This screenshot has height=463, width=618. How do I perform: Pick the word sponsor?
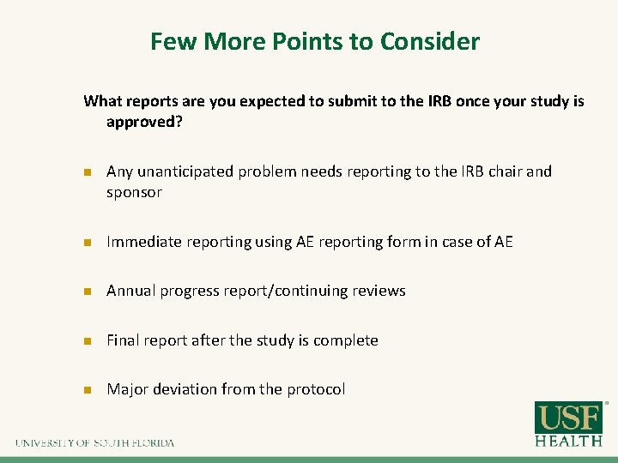(134, 192)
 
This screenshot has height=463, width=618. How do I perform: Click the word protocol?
(315, 389)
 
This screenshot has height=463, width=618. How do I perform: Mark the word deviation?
(185, 389)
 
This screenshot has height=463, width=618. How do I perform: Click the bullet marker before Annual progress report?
(87, 292)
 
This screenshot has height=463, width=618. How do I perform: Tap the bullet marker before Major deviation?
(87, 390)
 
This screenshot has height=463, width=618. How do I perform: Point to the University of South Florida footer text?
(94, 442)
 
